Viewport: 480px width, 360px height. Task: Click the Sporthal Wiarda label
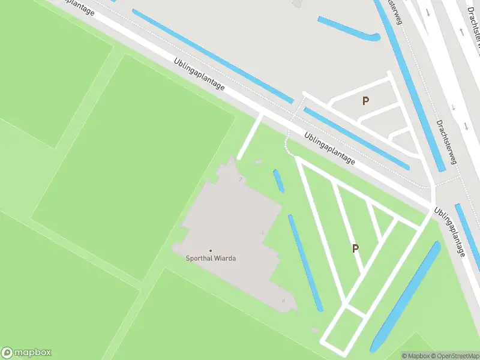(210, 259)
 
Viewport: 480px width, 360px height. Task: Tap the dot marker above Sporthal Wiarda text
(210, 250)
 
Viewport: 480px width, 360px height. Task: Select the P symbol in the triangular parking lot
(356, 248)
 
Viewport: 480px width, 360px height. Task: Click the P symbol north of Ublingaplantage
(365, 101)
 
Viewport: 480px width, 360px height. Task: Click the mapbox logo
(26, 353)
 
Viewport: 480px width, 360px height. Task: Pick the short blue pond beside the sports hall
(278, 181)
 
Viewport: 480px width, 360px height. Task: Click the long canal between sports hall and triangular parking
(305, 263)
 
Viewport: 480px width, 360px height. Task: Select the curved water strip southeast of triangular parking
(406, 297)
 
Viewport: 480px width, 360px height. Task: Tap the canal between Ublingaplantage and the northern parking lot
(354, 138)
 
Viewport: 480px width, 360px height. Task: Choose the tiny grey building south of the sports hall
(316, 329)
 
